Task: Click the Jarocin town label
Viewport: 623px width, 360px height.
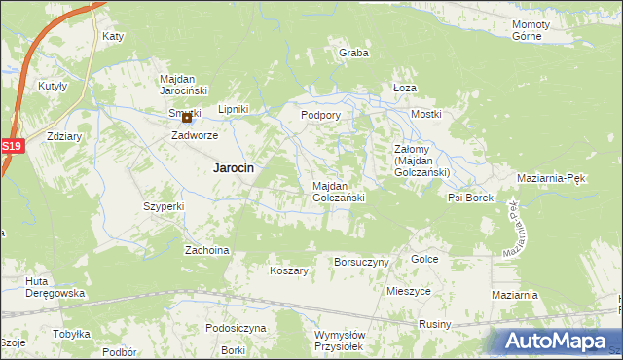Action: coord(234,167)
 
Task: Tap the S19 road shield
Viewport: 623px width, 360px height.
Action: coord(11,146)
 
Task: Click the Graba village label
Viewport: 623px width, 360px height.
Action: coord(353,54)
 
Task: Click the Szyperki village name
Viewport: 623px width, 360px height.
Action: coord(164,206)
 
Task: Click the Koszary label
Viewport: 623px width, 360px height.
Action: coord(289,270)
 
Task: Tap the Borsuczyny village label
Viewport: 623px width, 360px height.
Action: coord(361,262)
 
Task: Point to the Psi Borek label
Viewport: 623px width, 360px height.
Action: coord(471,198)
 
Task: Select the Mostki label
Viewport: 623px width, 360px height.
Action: coord(426,114)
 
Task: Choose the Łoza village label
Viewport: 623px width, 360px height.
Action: coord(405,88)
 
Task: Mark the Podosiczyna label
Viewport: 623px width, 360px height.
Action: coord(236,328)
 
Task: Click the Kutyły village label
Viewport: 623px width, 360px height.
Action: coord(52,86)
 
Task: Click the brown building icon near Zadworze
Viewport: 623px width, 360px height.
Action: coord(187,119)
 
